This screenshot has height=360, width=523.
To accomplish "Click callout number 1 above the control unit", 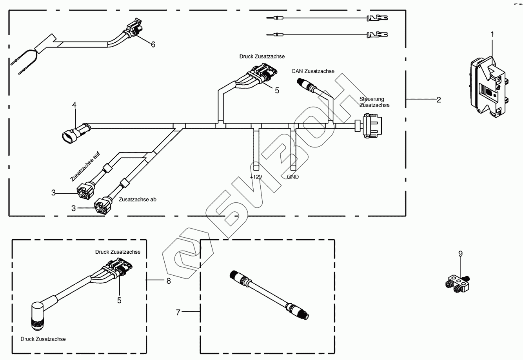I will click(x=492, y=34).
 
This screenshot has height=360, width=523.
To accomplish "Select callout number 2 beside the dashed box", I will click(x=438, y=100).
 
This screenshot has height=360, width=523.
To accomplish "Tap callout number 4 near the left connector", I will click(x=74, y=105).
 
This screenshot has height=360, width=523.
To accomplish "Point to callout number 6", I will click(x=153, y=44).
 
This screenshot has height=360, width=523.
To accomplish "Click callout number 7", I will click(x=178, y=313).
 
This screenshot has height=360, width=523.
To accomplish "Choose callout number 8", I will click(x=169, y=281).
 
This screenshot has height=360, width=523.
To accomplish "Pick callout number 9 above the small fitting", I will click(x=460, y=254).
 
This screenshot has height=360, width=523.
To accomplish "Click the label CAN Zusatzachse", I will click(x=313, y=71).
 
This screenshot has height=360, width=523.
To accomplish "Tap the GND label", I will click(x=293, y=177).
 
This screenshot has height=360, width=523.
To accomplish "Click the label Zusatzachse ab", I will click(x=137, y=200).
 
